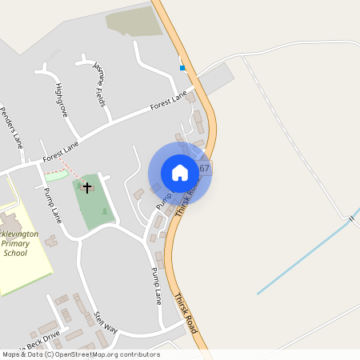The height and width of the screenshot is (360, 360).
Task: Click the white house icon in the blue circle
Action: (180, 172)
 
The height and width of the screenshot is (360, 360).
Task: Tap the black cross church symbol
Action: (86, 187)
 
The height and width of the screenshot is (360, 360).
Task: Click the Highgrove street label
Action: (61, 99)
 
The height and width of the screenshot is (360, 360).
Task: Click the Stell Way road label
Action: (106, 322)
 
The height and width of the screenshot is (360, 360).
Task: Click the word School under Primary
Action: (14, 253)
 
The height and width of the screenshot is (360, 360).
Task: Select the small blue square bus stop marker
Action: (182, 68)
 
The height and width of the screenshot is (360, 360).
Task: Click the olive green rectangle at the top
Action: (134, 22)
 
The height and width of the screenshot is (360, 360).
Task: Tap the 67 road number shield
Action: (204, 168)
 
